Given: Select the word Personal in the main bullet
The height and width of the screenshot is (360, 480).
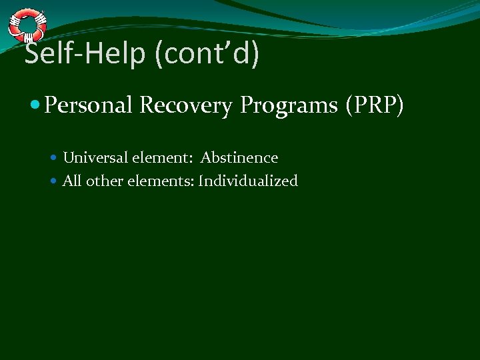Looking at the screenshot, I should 89,105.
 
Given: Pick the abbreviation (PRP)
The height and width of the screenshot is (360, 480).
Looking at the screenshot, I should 375,105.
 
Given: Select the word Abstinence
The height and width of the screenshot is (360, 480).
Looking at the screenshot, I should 239,158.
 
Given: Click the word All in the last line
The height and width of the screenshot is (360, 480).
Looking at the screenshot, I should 72,181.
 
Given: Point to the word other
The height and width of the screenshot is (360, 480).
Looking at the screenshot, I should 103,181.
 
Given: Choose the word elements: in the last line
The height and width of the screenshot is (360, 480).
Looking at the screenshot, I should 160,181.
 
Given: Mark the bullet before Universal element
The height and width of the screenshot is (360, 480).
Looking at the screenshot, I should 55,159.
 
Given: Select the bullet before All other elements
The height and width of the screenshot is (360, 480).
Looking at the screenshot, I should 55,181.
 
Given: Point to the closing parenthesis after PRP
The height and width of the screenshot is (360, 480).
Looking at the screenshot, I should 399,105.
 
